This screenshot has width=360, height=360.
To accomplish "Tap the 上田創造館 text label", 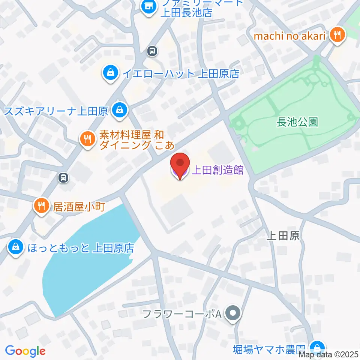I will (217, 171).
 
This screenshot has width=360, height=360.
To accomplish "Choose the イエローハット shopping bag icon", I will (111, 73).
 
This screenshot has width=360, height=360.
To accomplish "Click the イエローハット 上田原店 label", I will (181, 73).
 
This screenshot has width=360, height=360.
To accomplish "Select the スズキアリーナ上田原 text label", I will (57, 111).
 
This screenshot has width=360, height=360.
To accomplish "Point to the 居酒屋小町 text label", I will (79, 207).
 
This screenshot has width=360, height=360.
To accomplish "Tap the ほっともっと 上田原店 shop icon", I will (15, 247).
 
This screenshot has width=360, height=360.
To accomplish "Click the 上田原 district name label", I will (283, 235).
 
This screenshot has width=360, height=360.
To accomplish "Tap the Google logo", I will (25, 351).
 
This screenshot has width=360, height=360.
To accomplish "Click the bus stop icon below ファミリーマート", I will (152, 51).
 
